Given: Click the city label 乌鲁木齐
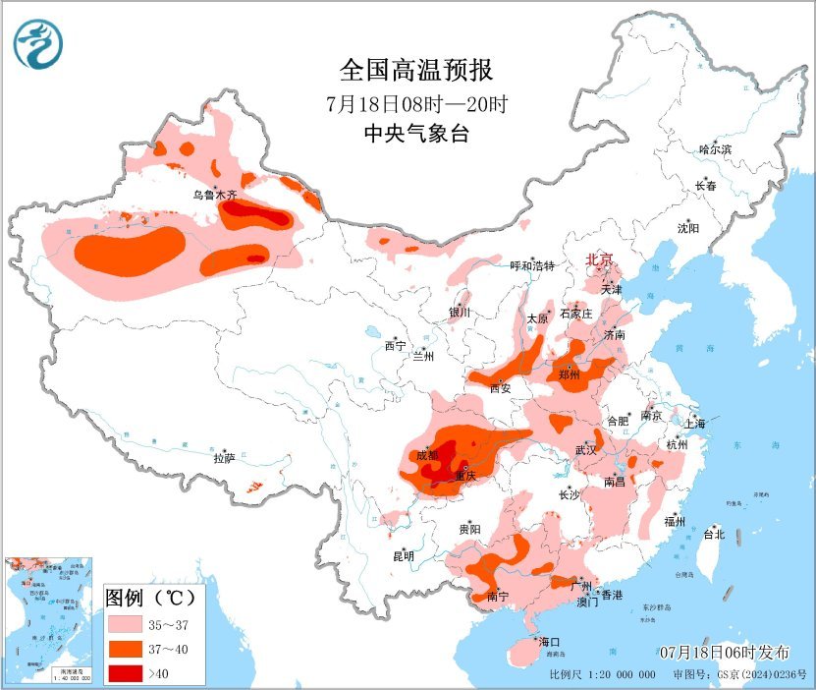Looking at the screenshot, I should [x=214, y=195].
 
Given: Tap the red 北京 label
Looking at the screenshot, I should [x=599, y=259].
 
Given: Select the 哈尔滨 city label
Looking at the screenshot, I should [x=715, y=148].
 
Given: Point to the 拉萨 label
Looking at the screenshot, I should [x=224, y=457].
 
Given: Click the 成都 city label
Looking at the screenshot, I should [x=427, y=454].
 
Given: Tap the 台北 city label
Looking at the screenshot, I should [x=714, y=535].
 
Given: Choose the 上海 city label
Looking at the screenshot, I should [x=694, y=424].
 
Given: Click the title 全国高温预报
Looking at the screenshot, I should [x=415, y=70].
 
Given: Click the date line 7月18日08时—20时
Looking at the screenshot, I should [x=415, y=103].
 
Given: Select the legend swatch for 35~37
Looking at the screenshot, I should [x=128, y=624].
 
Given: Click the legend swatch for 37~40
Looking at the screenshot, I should [x=128, y=649].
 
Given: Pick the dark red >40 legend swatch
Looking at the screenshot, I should [x=128, y=673].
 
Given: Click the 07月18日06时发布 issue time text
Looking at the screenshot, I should [x=725, y=653].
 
